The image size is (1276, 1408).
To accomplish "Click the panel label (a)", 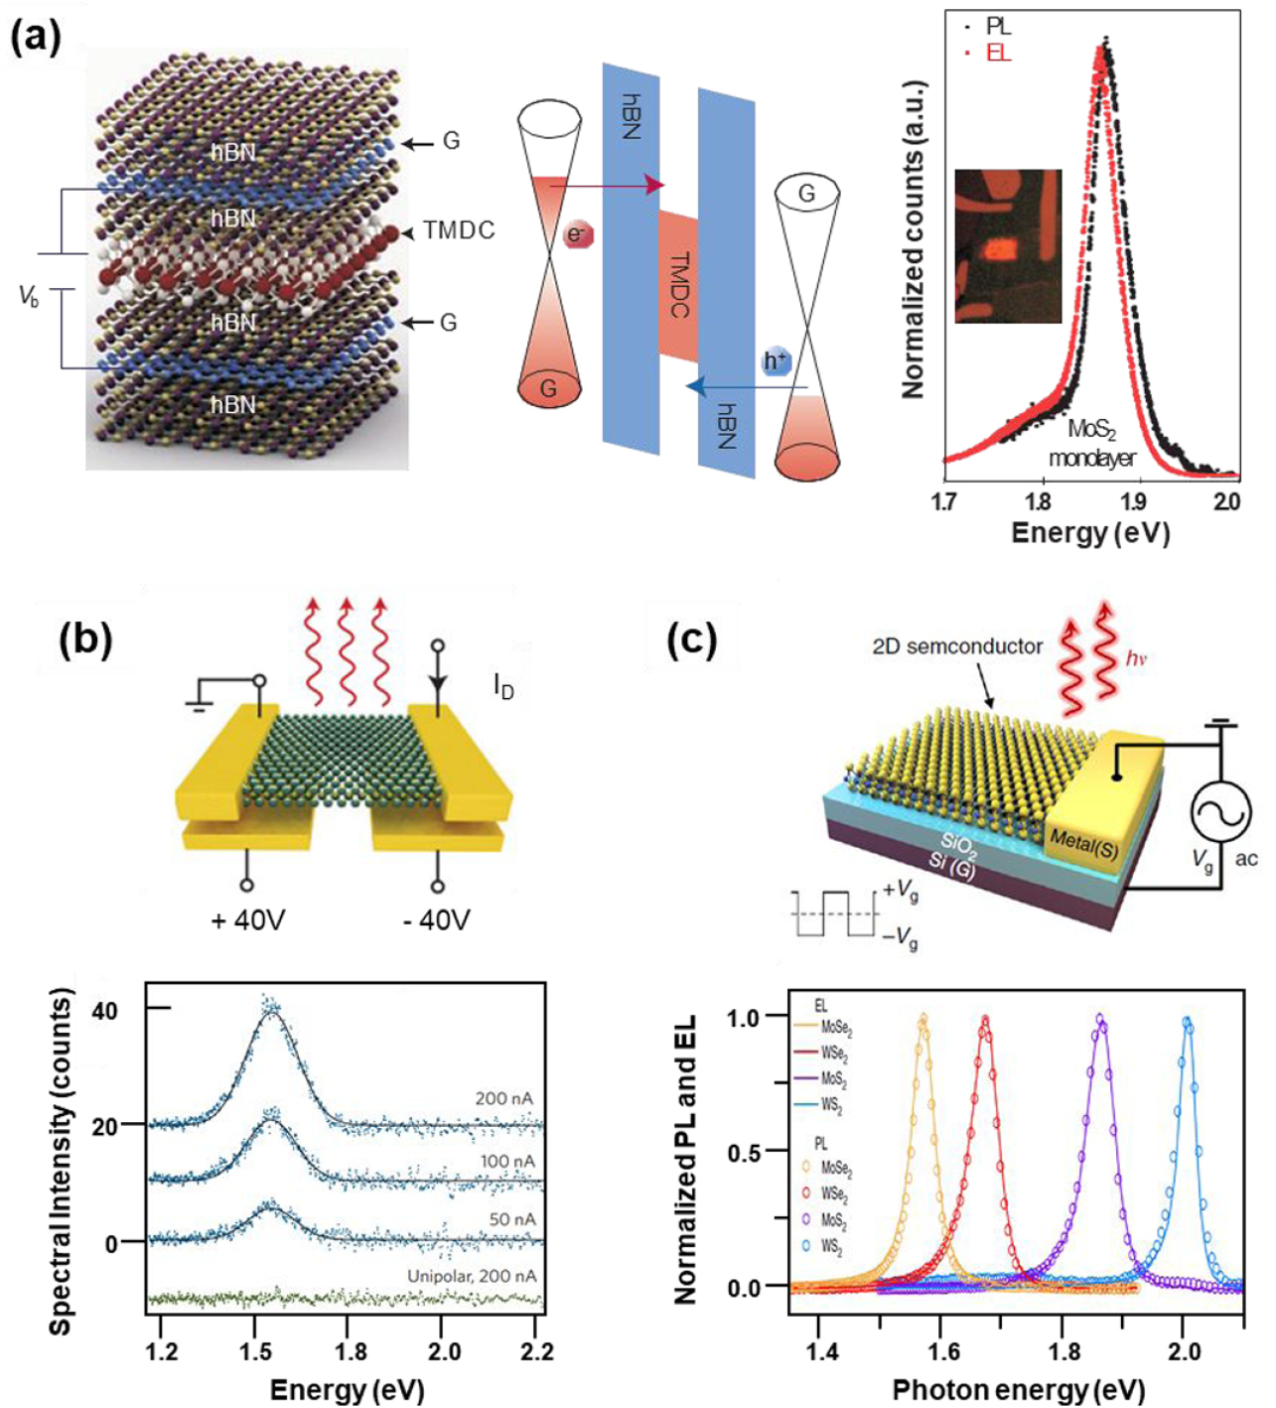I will click(x=36, y=37).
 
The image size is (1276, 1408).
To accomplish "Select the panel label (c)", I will click(x=691, y=640).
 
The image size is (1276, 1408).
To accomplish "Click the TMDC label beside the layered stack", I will click(x=458, y=230).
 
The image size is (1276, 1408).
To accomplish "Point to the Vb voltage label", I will click(x=29, y=296).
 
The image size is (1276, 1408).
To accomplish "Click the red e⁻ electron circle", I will click(x=576, y=235).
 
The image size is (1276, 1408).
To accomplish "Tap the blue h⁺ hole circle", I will click(x=776, y=361).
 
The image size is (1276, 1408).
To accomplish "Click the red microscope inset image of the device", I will click(x=1008, y=245).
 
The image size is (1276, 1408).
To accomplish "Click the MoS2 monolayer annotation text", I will click(x=1091, y=443).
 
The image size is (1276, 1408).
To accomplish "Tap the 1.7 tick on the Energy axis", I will click(x=944, y=501).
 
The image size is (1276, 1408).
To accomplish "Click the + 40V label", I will click(x=247, y=920).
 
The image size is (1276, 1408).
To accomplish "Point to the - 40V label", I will click(x=436, y=920).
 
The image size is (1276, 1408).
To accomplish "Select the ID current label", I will click(x=503, y=686).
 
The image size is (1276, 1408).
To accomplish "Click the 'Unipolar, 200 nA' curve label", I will click(x=472, y=1276).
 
